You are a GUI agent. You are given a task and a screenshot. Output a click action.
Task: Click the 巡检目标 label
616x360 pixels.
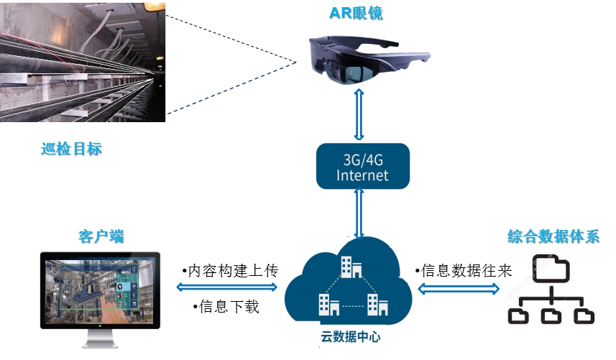click(71, 149)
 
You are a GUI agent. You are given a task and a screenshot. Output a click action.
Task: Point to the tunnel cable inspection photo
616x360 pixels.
click(83, 61)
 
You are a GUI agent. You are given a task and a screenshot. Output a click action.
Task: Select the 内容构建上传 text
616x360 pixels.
click(229, 271)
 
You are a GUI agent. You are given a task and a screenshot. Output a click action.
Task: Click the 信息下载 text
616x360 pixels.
click(226, 307)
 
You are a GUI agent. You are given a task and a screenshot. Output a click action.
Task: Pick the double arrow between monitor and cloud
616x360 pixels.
click(226, 287)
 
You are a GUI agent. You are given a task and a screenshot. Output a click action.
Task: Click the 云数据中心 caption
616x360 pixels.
click(350, 334)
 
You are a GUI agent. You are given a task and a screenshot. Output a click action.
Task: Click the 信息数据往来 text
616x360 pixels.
click(464, 271)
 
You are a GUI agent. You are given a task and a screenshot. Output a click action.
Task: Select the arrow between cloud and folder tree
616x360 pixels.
click(459, 289)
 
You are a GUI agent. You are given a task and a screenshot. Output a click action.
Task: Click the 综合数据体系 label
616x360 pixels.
click(553, 237)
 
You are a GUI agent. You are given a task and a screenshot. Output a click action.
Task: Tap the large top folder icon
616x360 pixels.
click(551, 268)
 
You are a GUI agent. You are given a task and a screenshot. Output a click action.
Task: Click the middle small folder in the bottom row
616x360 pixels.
click(551, 315)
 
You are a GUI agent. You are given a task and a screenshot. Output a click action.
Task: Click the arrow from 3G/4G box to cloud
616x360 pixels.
click(359, 213)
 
